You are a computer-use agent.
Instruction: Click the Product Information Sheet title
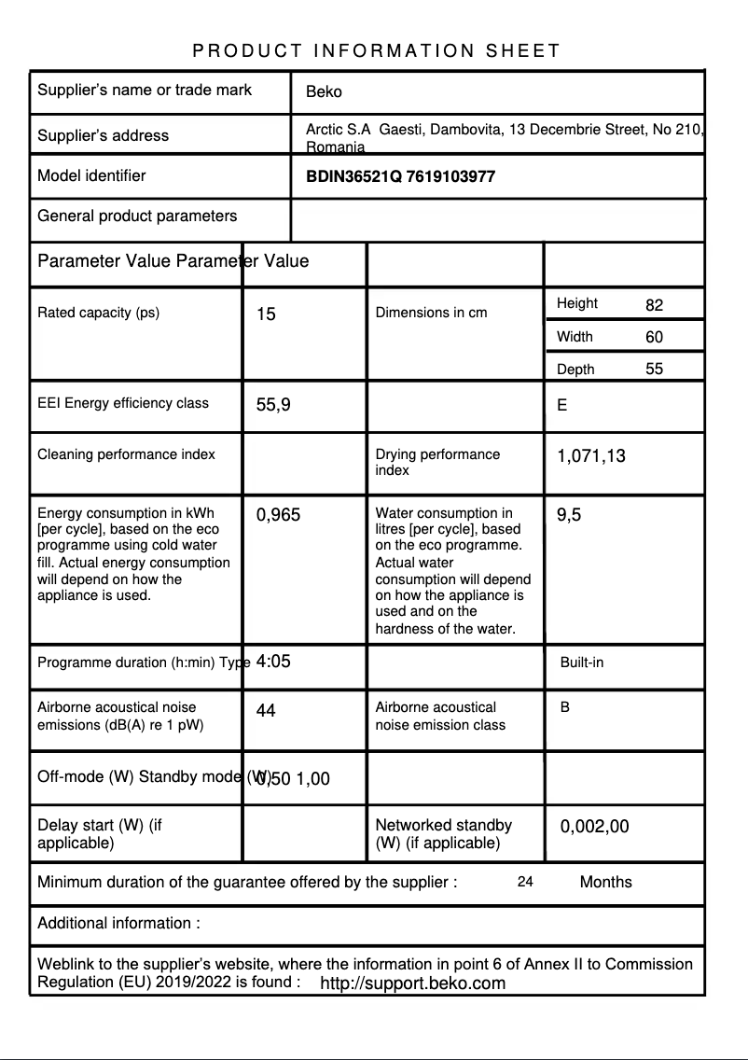tap(376, 51)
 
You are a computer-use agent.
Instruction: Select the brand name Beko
tap(324, 91)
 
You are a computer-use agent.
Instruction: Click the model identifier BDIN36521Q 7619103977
tap(400, 176)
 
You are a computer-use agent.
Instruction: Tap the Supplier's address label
tap(103, 135)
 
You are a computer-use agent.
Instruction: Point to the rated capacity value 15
tap(266, 314)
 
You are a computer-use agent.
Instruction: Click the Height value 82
tap(654, 305)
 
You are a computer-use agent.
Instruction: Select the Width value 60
tap(654, 337)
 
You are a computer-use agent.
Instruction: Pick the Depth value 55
tap(654, 369)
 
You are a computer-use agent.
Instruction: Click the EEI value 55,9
tap(273, 405)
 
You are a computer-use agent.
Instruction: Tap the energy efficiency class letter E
tap(561, 406)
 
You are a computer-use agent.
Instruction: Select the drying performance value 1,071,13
tap(591, 456)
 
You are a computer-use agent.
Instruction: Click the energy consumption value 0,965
tap(278, 515)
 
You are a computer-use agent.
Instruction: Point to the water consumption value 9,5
tap(569, 515)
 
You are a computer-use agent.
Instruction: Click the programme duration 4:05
tap(273, 662)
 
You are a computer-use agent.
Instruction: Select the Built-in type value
tap(581, 662)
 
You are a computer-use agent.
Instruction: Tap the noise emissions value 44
tap(266, 711)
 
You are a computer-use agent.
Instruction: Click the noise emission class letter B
tap(564, 707)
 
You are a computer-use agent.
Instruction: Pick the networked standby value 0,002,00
tap(594, 827)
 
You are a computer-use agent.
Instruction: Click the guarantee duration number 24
tap(525, 882)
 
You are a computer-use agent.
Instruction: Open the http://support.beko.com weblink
tap(412, 983)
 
